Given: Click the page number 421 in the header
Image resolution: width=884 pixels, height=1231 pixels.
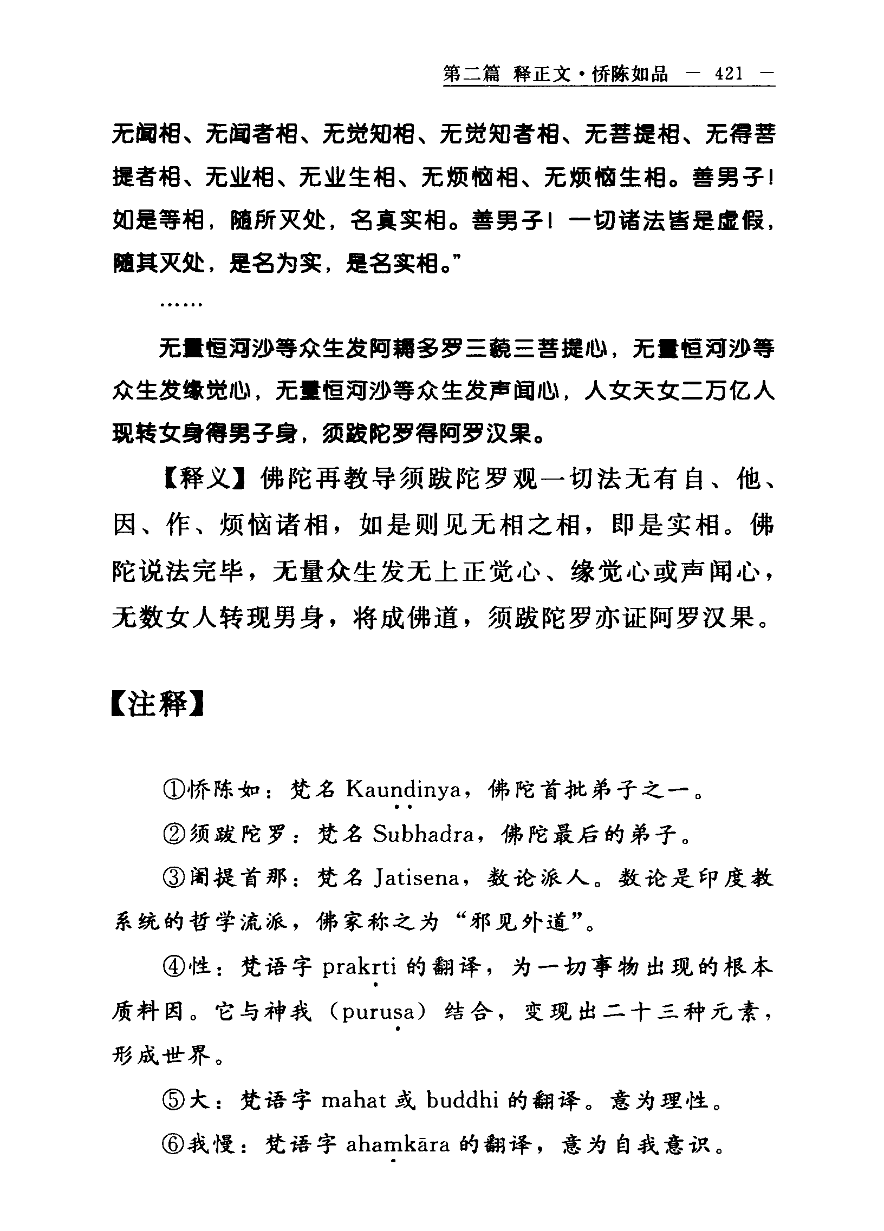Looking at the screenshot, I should point(729,74).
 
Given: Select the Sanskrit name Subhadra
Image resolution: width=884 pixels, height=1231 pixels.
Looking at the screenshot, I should point(423,834).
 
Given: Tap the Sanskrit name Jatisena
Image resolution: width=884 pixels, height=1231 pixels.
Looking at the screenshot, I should point(417,878).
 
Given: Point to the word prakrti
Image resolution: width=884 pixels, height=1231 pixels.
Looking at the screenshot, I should point(359,967).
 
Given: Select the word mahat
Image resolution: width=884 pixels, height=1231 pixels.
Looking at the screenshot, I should point(355,1100).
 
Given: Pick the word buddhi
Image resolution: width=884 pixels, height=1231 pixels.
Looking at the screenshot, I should point(462,1100).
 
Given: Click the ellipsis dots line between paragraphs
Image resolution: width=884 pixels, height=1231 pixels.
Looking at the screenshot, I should point(181,305).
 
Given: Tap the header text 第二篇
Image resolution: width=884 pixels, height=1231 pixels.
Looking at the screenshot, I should point(471,74).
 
